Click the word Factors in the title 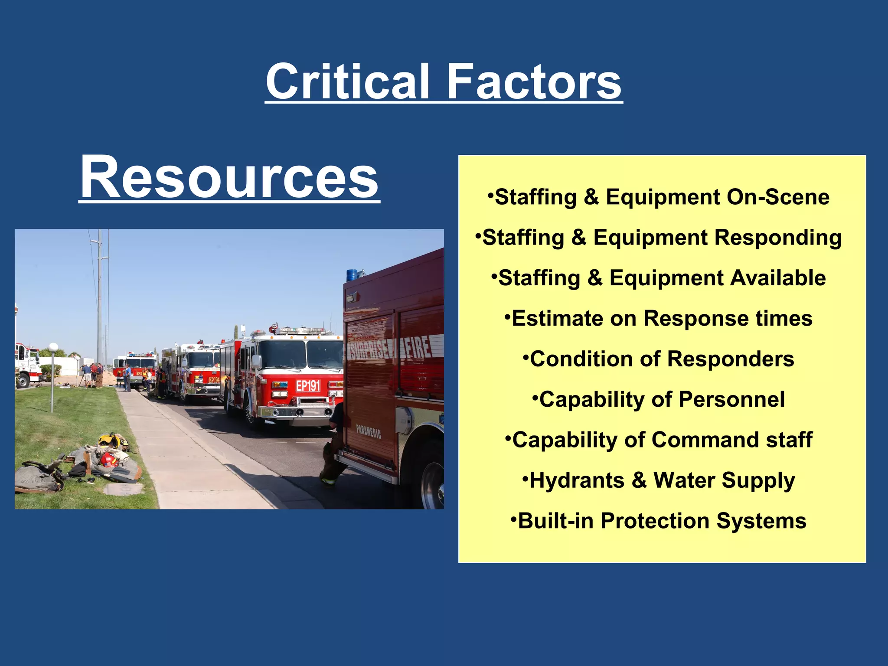534,82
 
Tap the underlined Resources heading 229,178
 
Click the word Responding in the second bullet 777,238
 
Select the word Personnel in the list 731,399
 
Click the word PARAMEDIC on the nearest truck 369,432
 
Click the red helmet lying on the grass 109,459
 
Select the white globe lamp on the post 53,347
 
